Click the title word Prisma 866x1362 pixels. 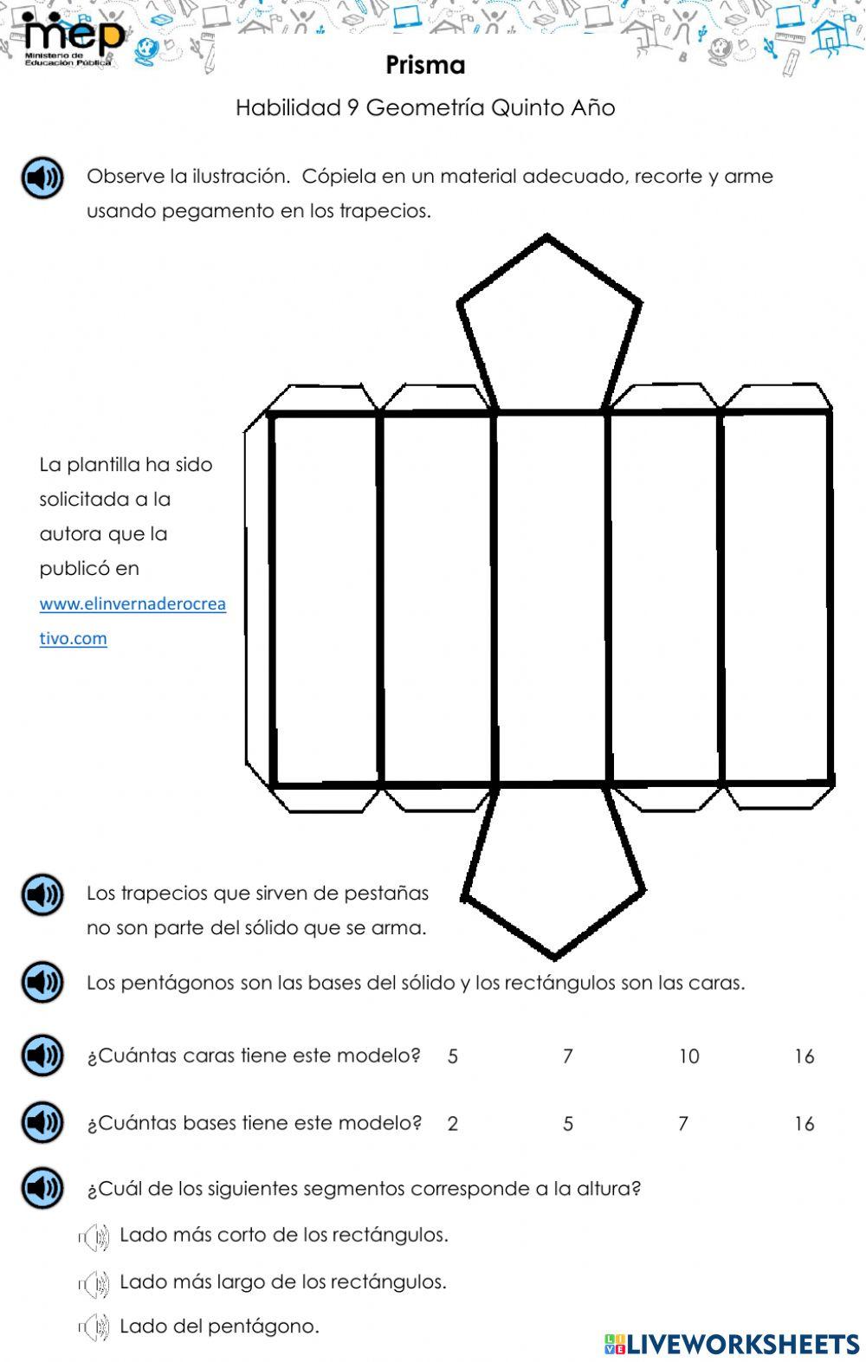click(x=425, y=65)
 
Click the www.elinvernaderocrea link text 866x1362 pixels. click(x=132, y=604)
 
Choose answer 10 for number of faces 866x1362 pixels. click(x=688, y=1056)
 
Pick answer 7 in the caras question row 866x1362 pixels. click(x=568, y=1056)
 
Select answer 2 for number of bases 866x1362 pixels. click(x=452, y=1124)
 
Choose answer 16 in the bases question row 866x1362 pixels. click(x=804, y=1124)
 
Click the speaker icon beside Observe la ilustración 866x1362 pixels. click(x=42, y=178)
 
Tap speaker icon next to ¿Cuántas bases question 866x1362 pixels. click(x=42, y=1123)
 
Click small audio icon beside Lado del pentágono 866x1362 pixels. click(x=94, y=1326)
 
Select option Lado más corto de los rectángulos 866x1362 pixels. click(x=283, y=1235)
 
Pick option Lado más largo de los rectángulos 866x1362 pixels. click(x=282, y=1281)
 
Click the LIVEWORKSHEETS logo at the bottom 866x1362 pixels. click(x=732, y=1343)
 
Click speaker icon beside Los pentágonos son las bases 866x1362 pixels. click(x=42, y=983)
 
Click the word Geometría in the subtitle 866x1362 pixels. click(x=425, y=108)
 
